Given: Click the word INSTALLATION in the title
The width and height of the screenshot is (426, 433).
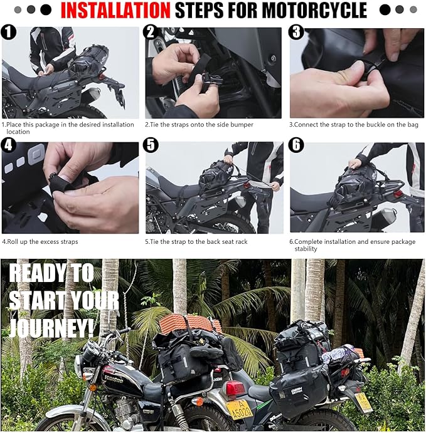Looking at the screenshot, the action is point(115,10).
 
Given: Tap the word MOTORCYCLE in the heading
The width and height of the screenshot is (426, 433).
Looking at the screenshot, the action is point(314,10).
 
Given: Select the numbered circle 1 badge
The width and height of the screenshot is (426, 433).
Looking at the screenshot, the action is point(8,32).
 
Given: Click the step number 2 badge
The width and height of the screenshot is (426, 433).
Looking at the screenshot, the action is point(151,32).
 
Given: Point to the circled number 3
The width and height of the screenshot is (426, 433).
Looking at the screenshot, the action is point(296,32).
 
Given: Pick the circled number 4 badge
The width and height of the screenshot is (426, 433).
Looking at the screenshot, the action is point(8,145).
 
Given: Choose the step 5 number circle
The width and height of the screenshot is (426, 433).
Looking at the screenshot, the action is point(151,145).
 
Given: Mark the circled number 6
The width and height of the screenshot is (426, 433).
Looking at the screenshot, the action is point(296,145).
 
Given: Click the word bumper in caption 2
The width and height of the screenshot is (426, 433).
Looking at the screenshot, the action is point(243,125).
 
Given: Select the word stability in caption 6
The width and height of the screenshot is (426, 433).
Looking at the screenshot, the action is point(306,249).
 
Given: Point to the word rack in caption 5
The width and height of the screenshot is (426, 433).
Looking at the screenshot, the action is point(241,242).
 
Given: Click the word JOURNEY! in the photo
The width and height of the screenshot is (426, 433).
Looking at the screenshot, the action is point(51,328).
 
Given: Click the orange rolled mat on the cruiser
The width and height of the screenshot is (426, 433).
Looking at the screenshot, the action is point(191,323).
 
